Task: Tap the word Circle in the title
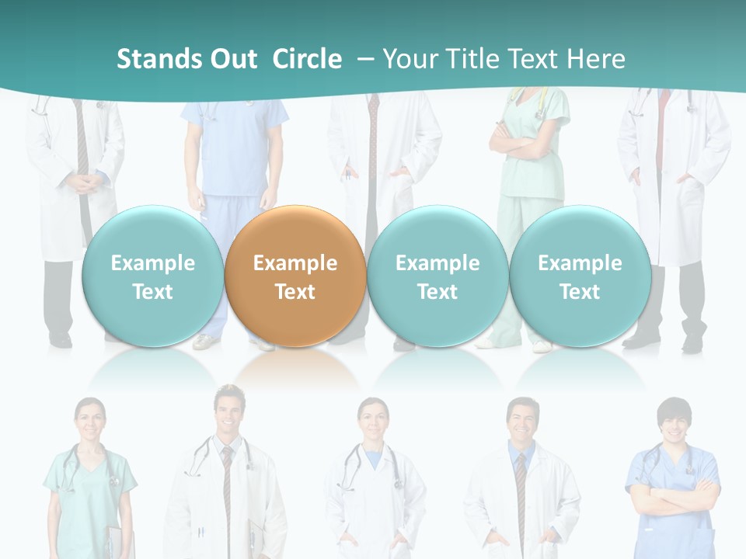coord(307,59)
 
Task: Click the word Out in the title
coord(234,59)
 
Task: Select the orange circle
coord(295,276)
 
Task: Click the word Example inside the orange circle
coord(295,263)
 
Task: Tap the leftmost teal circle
coord(152,276)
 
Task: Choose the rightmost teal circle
coord(580,276)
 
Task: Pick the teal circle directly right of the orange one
coord(437,276)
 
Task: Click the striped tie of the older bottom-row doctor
coord(520,497)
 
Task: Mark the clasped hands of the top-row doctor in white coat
coord(85,182)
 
